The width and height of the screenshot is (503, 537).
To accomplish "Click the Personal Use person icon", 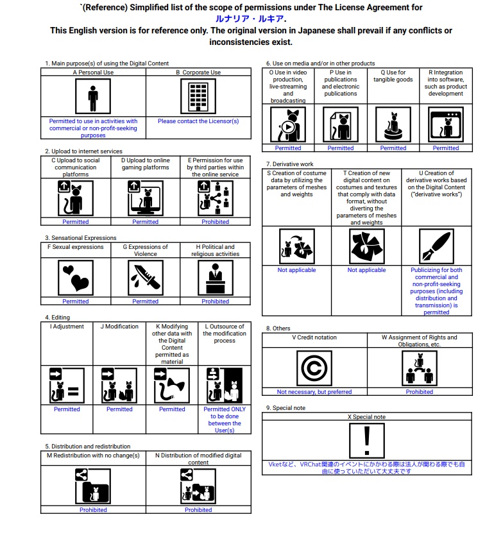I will click(x=93, y=96).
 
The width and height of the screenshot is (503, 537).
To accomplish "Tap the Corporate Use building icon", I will click(x=198, y=96).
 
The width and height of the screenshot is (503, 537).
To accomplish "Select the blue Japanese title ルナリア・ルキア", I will click(x=251, y=19).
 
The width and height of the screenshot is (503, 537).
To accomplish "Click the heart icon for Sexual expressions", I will click(x=76, y=277).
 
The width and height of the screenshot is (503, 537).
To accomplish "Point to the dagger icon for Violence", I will click(x=145, y=277).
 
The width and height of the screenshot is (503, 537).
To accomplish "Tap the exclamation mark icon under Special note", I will click(x=366, y=440).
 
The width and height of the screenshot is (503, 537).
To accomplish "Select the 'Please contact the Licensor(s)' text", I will click(x=198, y=121).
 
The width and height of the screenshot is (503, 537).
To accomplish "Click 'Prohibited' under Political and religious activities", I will click(x=215, y=301).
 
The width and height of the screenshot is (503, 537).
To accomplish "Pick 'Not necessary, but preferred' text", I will click(x=314, y=391).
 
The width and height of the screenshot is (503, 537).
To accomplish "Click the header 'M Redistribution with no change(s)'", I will click(x=93, y=455).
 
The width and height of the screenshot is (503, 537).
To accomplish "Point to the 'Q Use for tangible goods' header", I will click(x=393, y=76).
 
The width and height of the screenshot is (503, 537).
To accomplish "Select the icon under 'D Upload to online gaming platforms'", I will click(x=145, y=198).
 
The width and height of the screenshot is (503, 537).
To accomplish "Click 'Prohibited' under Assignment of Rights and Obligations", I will click(x=419, y=391).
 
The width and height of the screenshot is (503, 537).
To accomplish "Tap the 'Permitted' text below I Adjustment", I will click(x=67, y=409).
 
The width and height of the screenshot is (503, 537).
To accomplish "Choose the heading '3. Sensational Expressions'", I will click(x=81, y=238).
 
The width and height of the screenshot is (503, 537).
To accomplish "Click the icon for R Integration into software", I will click(x=445, y=124).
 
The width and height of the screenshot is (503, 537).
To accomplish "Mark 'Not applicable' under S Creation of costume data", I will click(x=296, y=270).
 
